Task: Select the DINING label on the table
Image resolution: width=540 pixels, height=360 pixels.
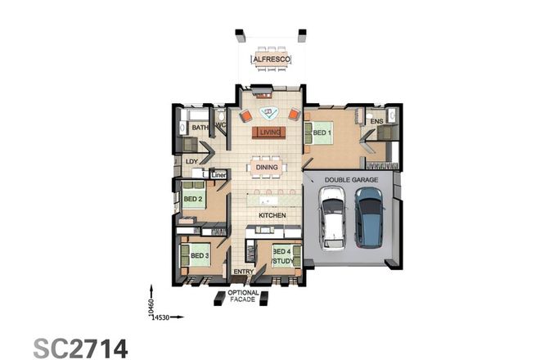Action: [x=267, y=168]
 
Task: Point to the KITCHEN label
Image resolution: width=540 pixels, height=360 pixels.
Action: [x=271, y=215]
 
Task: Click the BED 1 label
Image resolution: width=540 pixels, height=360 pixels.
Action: [x=322, y=132]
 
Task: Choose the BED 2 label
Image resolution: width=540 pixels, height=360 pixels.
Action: [x=193, y=199]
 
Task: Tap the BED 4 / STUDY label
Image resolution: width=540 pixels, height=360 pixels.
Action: [x=282, y=257]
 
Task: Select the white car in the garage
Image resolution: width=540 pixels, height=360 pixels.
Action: [x=333, y=216]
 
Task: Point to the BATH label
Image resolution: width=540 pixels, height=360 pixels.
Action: [x=200, y=128]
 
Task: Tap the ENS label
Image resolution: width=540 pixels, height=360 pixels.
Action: [x=376, y=122]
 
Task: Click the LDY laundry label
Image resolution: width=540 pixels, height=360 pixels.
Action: [x=192, y=161]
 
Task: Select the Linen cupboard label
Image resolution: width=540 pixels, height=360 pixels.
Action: [x=218, y=174]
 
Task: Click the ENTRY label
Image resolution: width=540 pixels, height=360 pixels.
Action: [x=244, y=272]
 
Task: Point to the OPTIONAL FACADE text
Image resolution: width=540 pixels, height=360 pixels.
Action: [x=244, y=297]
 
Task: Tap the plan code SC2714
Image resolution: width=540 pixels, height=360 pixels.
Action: [x=80, y=346]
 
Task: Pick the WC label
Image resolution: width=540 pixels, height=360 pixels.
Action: [x=219, y=125]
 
